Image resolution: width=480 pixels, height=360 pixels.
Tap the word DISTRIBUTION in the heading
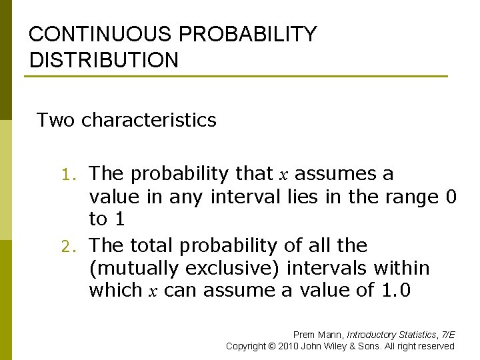[104, 60]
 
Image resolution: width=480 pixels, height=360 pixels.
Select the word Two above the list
[56, 120]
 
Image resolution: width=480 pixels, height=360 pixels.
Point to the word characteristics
[149, 120]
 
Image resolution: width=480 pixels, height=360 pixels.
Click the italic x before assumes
[283, 175]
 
